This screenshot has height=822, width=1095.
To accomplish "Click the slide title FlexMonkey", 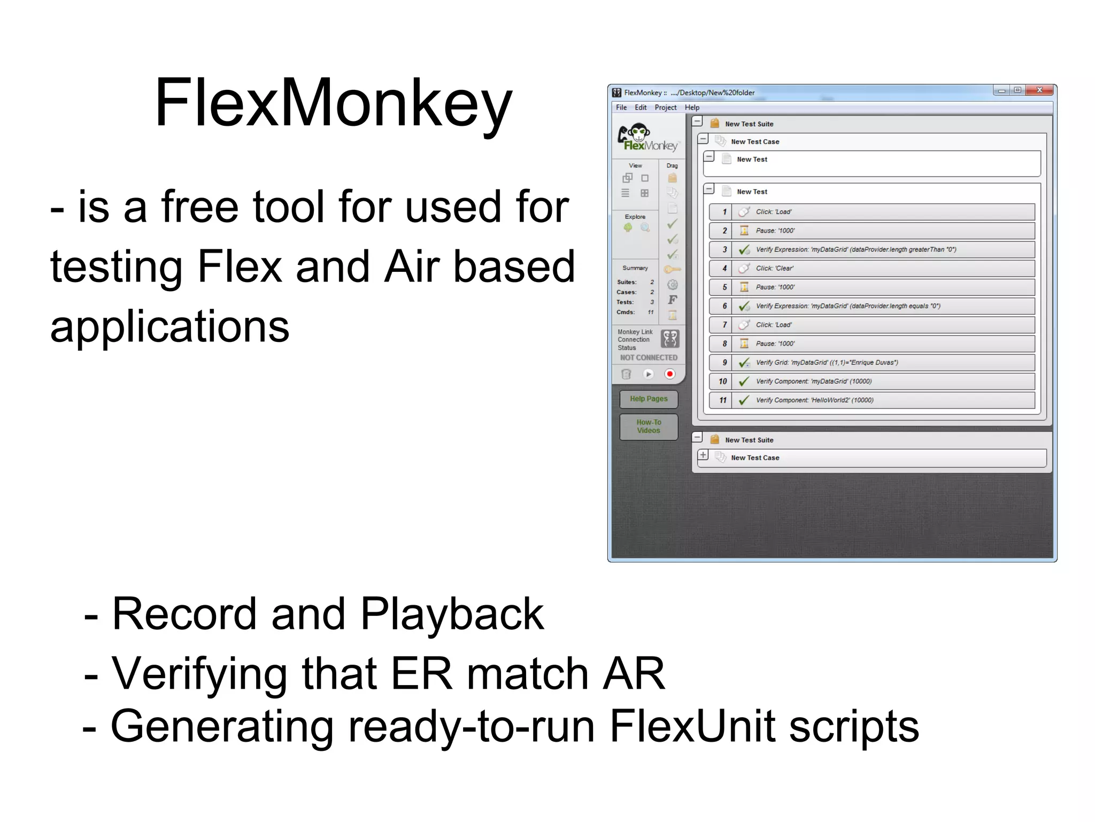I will [x=333, y=103].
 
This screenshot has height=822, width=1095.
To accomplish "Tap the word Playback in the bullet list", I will [x=452, y=614].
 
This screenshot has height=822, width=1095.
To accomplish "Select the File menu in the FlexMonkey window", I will [x=621, y=108].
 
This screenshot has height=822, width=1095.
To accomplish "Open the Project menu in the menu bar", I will [x=665, y=108].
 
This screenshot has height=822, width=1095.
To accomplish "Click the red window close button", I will [x=1039, y=90].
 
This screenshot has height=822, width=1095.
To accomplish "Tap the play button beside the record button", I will [x=648, y=374].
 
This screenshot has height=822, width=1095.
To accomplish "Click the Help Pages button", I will [x=649, y=399].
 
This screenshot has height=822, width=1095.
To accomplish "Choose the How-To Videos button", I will [x=649, y=427].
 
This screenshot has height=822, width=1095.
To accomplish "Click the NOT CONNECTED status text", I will [x=649, y=357].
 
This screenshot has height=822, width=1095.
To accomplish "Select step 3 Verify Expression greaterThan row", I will [x=872, y=249].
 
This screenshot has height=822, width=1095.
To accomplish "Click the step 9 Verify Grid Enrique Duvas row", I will [x=872, y=362].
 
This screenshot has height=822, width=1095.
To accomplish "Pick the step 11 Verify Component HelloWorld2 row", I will [x=872, y=400].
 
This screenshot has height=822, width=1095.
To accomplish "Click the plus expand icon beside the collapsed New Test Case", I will [x=703, y=455].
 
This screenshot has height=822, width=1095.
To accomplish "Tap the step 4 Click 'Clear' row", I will [x=872, y=268].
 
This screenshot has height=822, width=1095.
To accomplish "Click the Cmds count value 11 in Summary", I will [x=651, y=312].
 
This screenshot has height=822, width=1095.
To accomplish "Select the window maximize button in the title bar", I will [x=1017, y=90].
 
